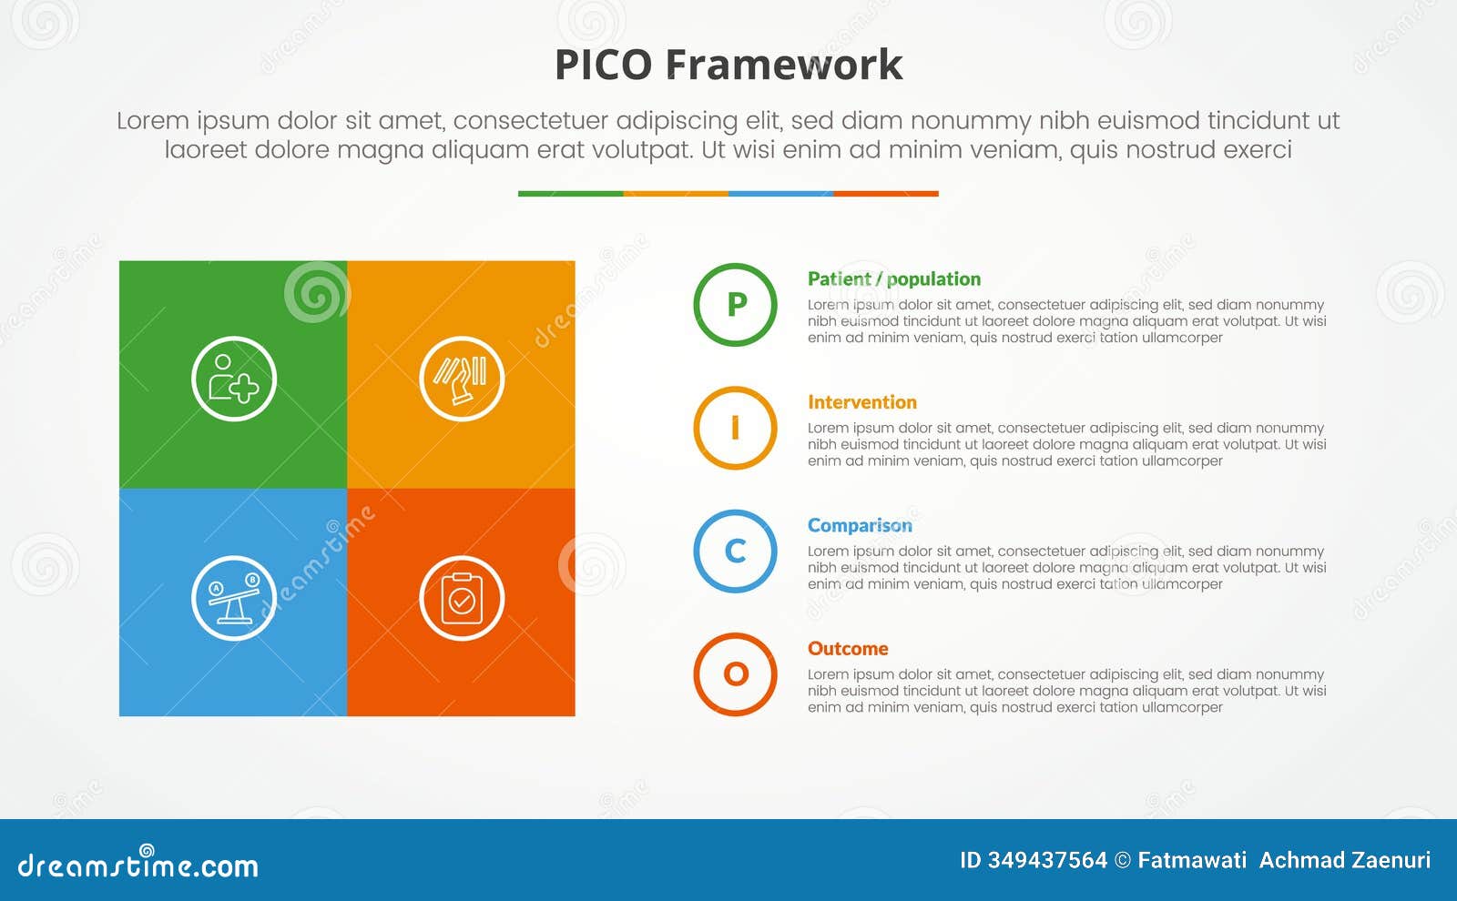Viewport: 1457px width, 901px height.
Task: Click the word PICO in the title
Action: (x=603, y=66)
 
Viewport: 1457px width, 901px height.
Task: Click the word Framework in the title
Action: (x=783, y=66)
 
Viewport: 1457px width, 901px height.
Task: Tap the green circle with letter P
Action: (x=735, y=305)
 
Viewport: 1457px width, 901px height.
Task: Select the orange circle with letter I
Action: (x=735, y=428)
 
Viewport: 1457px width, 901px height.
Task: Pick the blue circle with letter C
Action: (x=735, y=552)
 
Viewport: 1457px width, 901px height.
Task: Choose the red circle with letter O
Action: (x=735, y=674)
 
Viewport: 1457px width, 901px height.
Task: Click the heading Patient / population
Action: (x=893, y=279)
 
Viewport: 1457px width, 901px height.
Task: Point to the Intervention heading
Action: (x=861, y=402)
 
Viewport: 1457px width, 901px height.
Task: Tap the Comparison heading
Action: (x=859, y=526)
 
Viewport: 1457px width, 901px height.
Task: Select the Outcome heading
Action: (x=847, y=649)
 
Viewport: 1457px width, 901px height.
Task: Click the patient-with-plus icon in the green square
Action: (x=234, y=379)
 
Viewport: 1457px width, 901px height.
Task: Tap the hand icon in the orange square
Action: (x=462, y=379)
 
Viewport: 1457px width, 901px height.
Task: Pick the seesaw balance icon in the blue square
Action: (x=234, y=598)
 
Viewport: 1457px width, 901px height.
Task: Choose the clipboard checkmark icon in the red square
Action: (x=462, y=598)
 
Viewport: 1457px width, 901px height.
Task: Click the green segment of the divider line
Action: (x=570, y=194)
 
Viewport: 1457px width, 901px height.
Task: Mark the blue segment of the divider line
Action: (x=780, y=194)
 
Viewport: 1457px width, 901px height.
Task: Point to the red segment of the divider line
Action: (x=885, y=194)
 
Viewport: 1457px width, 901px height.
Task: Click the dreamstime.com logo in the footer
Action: (x=138, y=864)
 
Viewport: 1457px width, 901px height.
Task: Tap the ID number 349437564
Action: (x=1047, y=860)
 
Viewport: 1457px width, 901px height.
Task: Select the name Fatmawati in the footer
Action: (x=1192, y=860)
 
